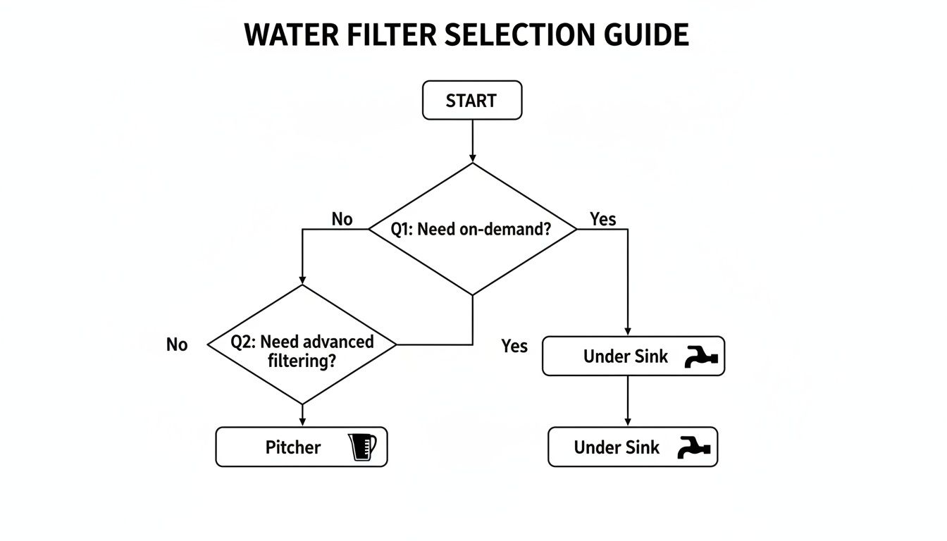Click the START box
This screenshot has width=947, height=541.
tap(471, 100)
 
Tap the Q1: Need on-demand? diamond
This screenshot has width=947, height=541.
tap(472, 229)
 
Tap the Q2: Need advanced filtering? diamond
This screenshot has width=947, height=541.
tap(302, 344)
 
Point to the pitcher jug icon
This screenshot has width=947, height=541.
tap(362, 447)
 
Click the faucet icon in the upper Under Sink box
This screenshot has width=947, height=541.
tap(700, 357)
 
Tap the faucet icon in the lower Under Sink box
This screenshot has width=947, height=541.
tap(694, 447)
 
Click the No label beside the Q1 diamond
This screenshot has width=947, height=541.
tap(342, 220)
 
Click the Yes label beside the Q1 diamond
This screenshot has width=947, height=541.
tap(603, 220)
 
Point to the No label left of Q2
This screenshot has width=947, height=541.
tap(177, 345)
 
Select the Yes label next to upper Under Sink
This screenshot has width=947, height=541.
tap(514, 346)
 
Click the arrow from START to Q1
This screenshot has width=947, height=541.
tap(472, 141)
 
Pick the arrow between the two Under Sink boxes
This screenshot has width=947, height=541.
tap(628, 401)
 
